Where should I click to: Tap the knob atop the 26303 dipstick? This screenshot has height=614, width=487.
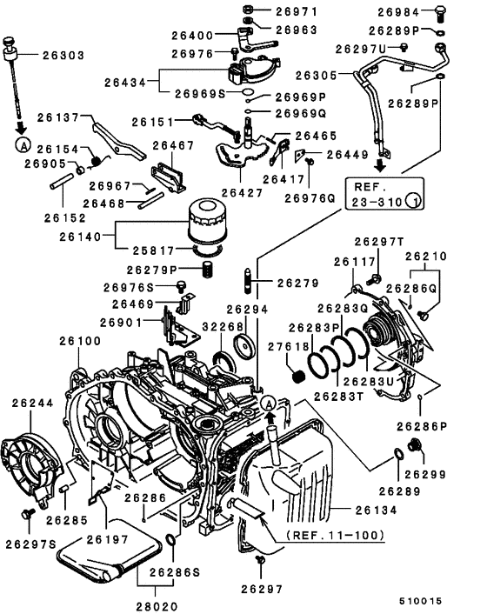pyautogui.click(x=10, y=43)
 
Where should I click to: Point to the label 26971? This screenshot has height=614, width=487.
pyautogui.click(x=297, y=12)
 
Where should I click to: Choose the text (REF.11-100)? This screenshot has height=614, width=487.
pyautogui.click(x=331, y=537)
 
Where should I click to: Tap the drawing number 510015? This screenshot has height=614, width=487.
pyautogui.click(x=444, y=600)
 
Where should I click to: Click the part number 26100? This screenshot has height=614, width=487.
pyautogui.click(x=81, y=341)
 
